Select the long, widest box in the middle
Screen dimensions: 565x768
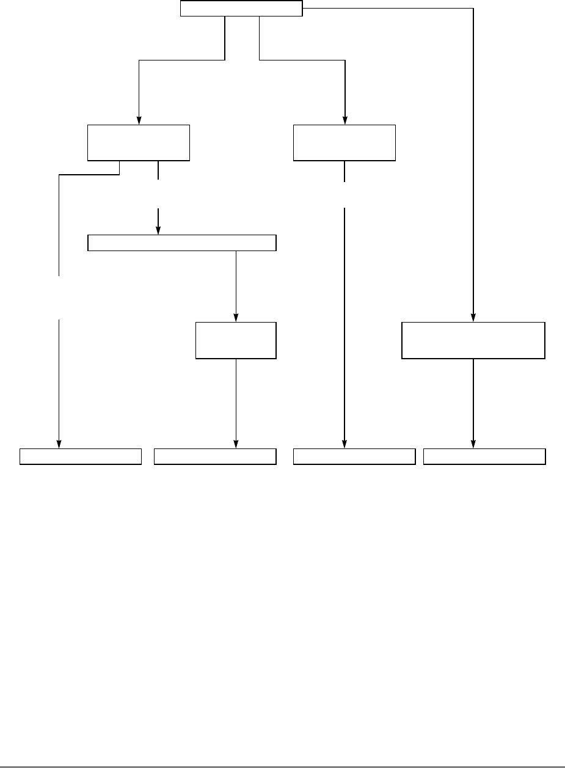[182, 243]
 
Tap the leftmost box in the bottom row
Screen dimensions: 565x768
[81, 456]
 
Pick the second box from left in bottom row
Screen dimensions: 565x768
[215, 456]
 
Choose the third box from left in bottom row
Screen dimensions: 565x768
[354, 456]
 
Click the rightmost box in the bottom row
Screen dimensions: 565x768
[484, 456]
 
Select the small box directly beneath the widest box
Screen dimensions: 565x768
[236, 340]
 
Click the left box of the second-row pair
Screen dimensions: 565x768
[139, 143]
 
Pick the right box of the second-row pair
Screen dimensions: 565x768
[344, 143]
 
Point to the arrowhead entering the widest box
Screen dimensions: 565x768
[158, 231]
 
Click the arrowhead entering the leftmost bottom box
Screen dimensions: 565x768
[59, 444]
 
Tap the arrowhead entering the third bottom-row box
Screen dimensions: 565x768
[344, 444]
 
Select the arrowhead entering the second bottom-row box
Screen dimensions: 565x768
[236, 444]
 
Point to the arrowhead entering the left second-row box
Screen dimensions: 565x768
[139, 120]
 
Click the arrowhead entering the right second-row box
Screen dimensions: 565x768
[345, 120]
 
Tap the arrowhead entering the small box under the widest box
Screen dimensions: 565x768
[236, 318]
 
